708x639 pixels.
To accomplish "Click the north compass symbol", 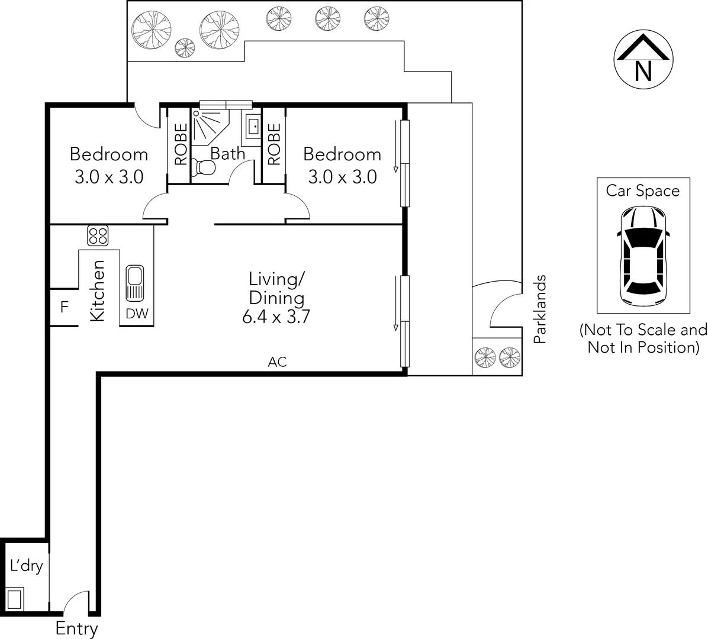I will click(642, 60).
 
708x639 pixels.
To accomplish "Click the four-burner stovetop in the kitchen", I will click(98, 235).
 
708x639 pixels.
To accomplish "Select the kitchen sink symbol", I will click(134, 282).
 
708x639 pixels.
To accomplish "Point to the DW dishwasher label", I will click(137, 314).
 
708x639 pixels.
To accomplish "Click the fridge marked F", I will click(64, 308).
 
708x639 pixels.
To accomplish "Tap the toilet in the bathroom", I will click(205, 168).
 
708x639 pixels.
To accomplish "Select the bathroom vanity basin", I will click(253, 126).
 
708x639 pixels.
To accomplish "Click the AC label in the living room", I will click(277, 362).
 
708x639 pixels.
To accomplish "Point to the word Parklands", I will click(539, 309).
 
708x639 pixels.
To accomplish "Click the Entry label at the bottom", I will click(76, 629).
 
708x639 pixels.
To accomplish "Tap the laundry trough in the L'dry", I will click(15, 598).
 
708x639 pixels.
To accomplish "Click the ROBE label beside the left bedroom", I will click(181, 144).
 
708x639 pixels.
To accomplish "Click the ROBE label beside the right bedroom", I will click(273, 144).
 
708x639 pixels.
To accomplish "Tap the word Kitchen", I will click(98, 291).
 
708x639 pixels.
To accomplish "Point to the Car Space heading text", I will click(642, 191).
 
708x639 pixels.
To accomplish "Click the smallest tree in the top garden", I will click(184, 47).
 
